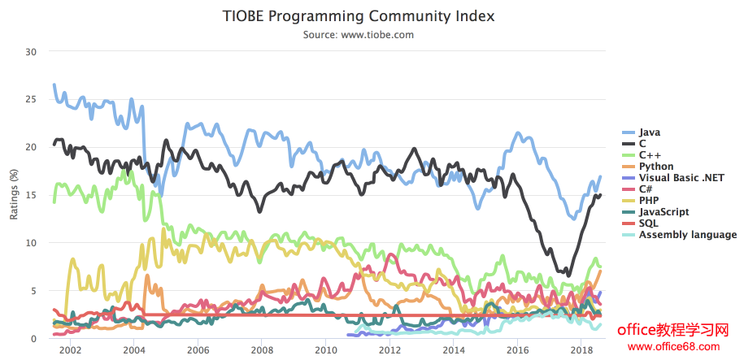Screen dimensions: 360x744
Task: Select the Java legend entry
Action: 650,132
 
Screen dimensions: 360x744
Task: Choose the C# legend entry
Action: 646,189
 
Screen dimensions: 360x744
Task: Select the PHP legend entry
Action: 649,200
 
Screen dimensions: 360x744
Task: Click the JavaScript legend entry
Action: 664,211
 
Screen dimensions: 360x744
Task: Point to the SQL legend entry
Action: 649,223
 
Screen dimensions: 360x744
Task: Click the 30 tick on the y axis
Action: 32,51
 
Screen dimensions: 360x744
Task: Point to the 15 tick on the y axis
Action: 32,195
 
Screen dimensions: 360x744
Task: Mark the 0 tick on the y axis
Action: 34,339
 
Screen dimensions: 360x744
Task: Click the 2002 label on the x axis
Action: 71,350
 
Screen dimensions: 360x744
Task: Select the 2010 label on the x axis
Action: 326,350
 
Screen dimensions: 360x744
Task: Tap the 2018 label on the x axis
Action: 581,350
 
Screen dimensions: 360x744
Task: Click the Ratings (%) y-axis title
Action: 14,195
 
